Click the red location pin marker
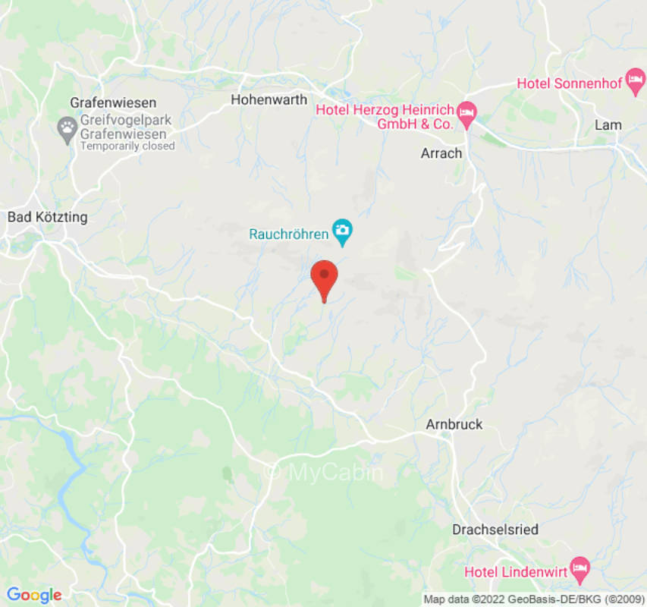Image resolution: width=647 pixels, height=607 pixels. pos(325,276)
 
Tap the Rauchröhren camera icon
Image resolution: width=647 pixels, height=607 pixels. pos(344,230)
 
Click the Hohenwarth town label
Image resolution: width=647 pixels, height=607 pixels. pos(269,99)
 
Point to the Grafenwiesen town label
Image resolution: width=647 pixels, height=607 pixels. pos(113,102)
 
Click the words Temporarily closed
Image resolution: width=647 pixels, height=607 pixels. pos(127,146)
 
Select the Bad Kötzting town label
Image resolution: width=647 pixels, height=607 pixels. pos(47,217)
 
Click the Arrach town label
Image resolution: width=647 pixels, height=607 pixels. pos(441,153)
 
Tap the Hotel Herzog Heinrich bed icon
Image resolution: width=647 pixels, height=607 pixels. pos(468,111)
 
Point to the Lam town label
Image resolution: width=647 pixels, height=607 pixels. pos(608,125)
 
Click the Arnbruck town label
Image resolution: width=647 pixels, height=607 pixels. pos(454,424)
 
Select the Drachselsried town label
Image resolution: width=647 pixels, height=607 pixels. pos(495,530)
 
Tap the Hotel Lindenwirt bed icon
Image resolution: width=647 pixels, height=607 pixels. pos(580,566)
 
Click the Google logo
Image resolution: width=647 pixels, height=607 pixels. pos(33,596)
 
